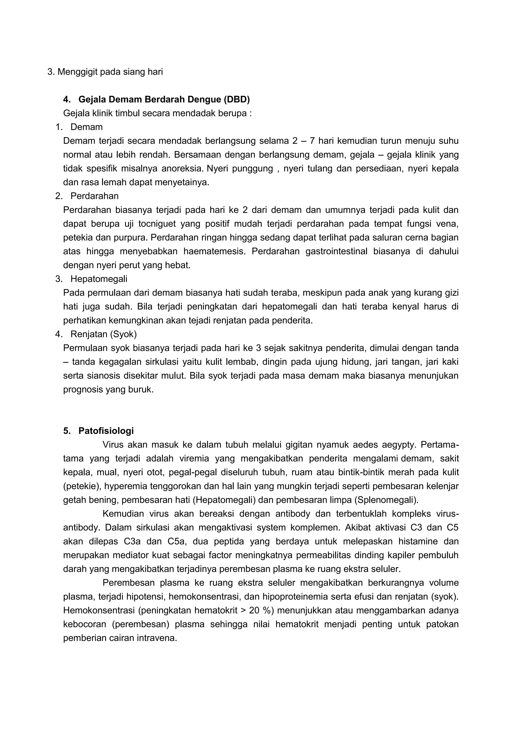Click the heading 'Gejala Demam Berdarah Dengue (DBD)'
pyautogui.click(x=164, y=99)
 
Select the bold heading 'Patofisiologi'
pyautogui.click(x=106, y=431)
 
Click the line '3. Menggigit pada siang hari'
pyautogui.click(x=105, y=72)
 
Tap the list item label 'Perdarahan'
pyautogui.click(x=95, y=196)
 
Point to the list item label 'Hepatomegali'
pyautogui.click(x=99, y=279)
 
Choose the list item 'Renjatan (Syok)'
pyautogui.click(x=103, y=334)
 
